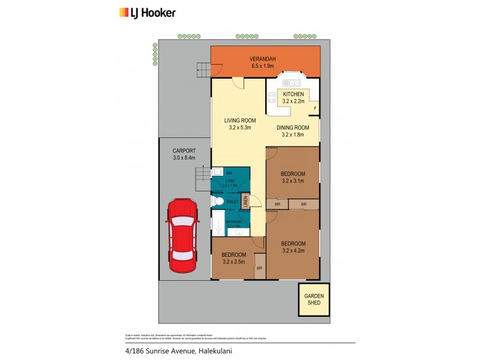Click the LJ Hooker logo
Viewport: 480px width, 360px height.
pyautogui.click(x=146, y=12)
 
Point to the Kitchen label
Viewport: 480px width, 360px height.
pyautogui.click(x=293, y=94)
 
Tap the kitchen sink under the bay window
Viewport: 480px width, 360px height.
pyautogui.click(x=293, y=82)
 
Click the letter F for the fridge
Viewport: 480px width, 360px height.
pyautogui.click(x=315, y=109)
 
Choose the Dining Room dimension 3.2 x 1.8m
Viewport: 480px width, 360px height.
pyautogui.click(x=293, y=135)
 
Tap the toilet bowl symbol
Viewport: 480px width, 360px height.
pyautogui.click(x=217, y=202)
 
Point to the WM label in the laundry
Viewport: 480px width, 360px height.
pyautogui.click(x=229, y=173)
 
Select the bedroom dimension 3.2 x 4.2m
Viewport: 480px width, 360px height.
pyautogui.click(x=293, y=251)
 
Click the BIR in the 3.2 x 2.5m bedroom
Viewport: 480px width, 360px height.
pyautogui.click(x=259, y=268)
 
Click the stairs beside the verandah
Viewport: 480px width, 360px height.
pyautogui.click(x=203, y=70)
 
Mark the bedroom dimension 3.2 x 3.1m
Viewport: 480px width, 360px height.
pyautogui.click(x=293, y=181)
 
